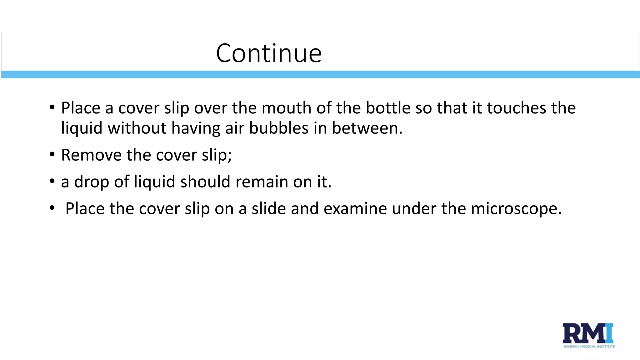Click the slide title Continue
pos(269,53)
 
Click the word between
pos(367,128)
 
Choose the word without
pos(137,128)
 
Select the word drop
pos(92,182)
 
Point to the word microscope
pos(516,209)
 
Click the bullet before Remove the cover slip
pos(52,155)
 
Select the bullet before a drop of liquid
pos(52,182)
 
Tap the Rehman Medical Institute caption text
pos(589,347)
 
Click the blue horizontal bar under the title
pos(320,74)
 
